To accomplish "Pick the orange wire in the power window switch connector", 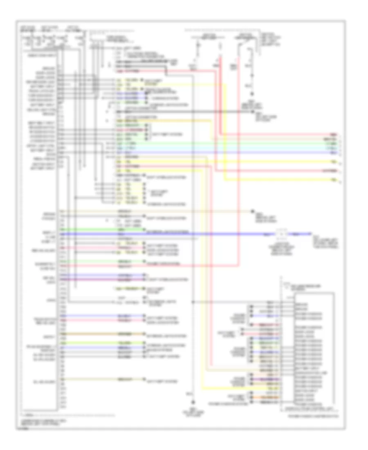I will (268, 397).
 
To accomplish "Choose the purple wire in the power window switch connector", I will (268, 379).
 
